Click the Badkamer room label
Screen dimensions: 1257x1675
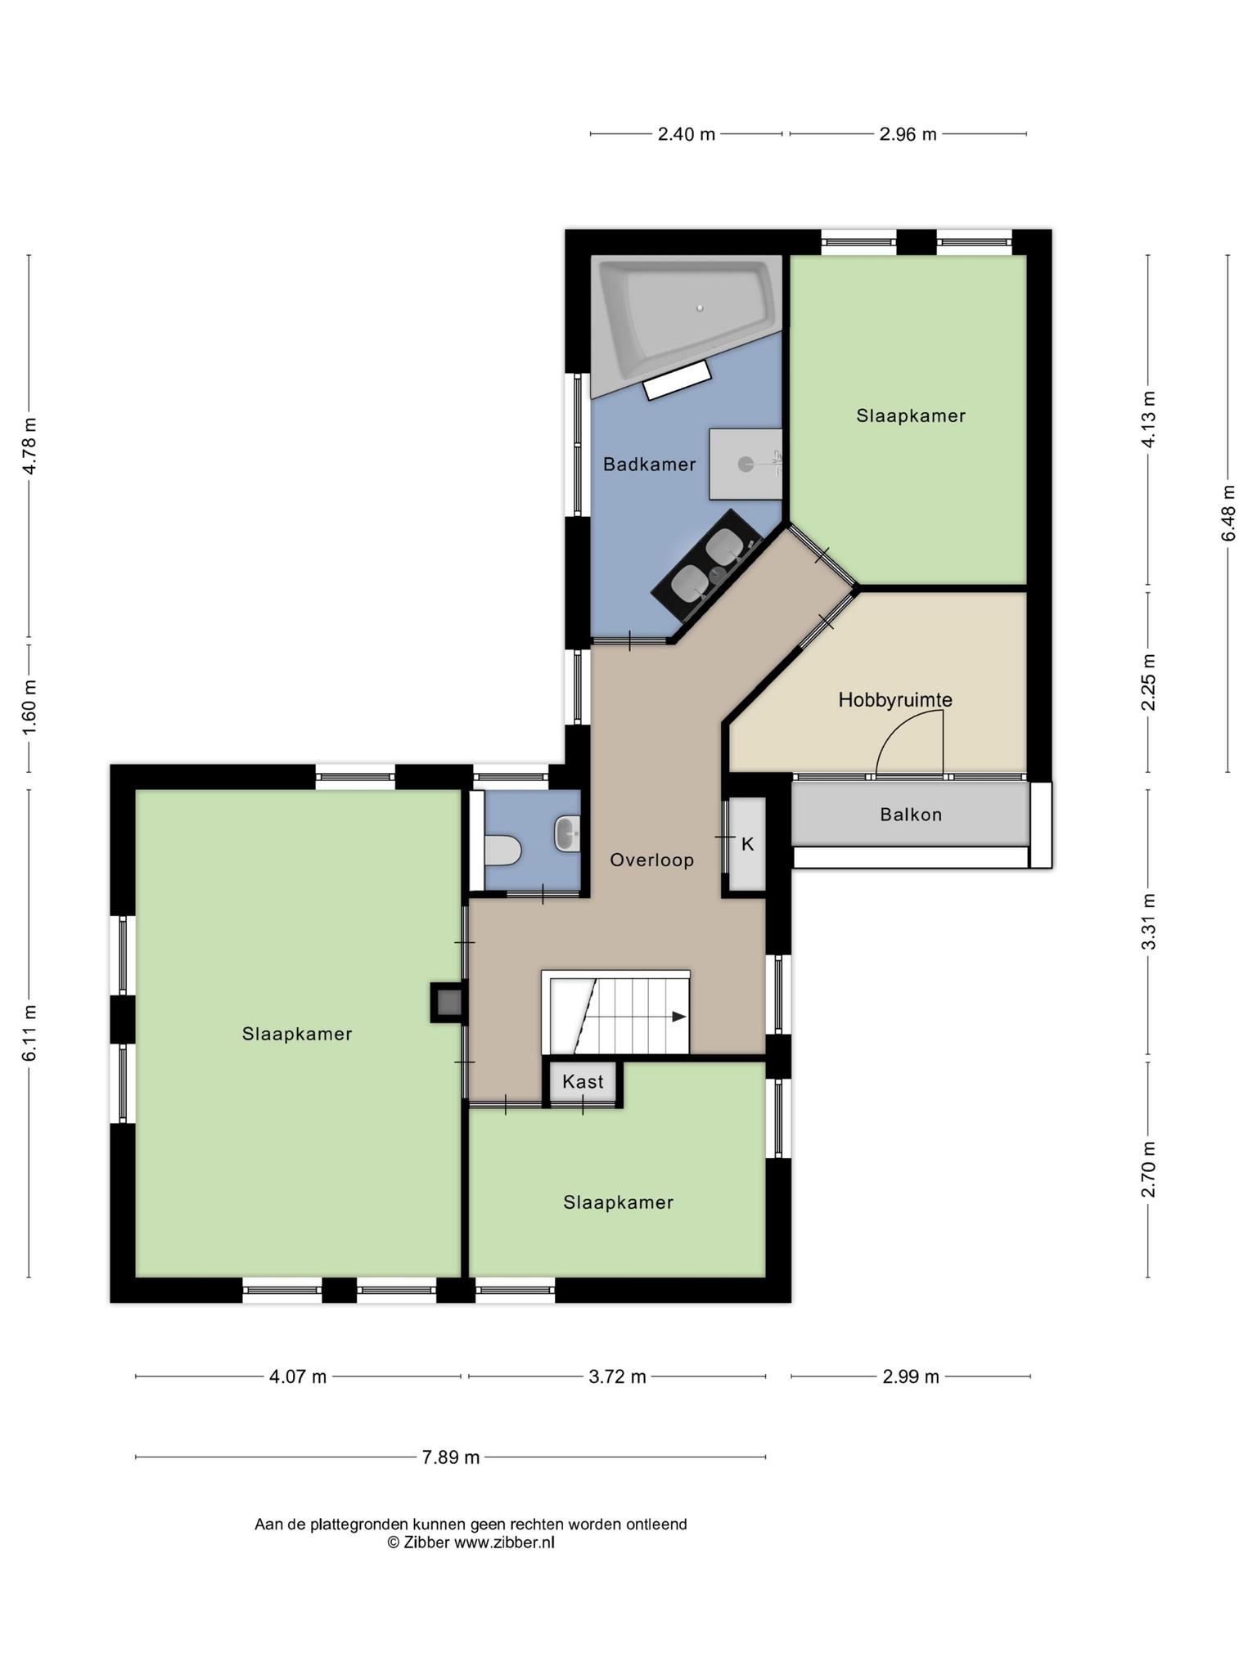(x=649, y=465)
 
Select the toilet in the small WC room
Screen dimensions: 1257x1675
(x=502, y=851)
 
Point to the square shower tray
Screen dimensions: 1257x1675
(x=746, y=464)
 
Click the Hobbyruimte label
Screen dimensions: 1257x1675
(x=895, y=700)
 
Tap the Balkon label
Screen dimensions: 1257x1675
(x=911, y=815)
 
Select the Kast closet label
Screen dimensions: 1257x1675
(x=583, y=1082)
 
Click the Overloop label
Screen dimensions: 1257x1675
(x=652, y=860)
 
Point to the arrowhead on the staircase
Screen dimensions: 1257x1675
(x=679, y=1017)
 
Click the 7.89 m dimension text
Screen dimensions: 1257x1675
(x=451, y=1457)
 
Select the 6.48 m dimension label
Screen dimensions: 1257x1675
(x=1228, y=513)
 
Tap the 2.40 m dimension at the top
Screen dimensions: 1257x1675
(x=687, y=134)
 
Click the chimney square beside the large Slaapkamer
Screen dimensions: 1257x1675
(x=448, y=1002)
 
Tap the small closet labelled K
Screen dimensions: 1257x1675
(x=747, y=844)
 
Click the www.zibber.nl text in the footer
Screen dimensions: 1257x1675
(x=504, y=1543)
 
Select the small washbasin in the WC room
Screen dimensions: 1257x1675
(x=567, y=833)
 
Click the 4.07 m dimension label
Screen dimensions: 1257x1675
(x=298, y=1376)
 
